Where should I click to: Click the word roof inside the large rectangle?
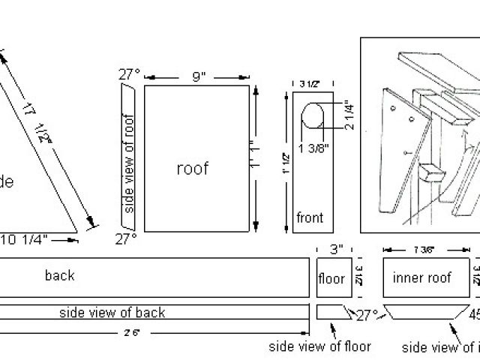coord(192,168)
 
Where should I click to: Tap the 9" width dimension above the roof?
coord(196,76)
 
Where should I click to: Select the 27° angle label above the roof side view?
coord(128,74)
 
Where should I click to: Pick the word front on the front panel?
coord(309,218)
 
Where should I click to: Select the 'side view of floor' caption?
coord(319,346)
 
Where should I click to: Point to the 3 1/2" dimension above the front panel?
coord(310,84)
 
